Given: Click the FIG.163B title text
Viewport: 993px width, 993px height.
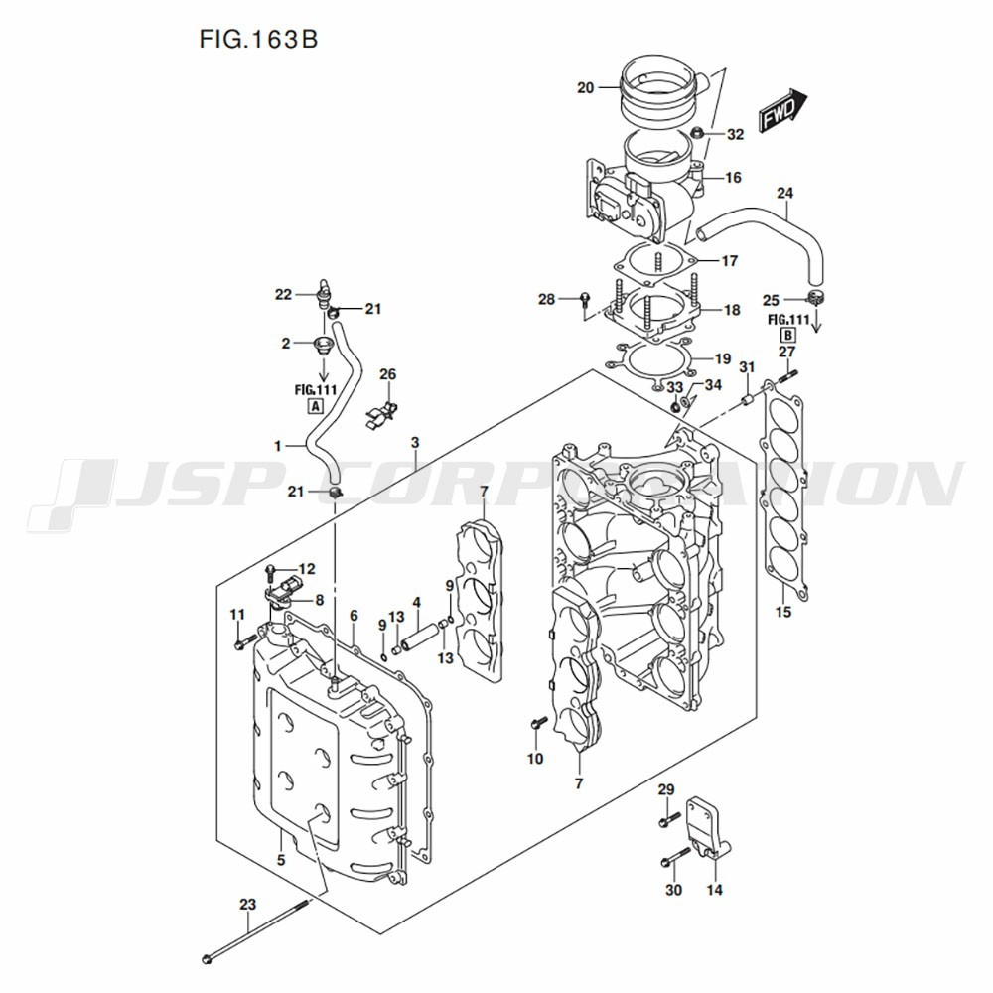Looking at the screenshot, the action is [258, 39].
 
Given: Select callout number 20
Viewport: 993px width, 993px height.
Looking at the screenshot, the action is [585, 87].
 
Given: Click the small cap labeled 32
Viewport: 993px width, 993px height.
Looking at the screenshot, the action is [698, 133].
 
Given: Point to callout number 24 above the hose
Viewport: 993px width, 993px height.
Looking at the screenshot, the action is [784, 193].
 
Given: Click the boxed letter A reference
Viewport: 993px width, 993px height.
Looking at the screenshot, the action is [315, 406].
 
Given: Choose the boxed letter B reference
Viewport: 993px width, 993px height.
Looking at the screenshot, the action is [788, 335].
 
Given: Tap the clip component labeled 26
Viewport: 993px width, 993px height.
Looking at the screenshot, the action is [381, 412].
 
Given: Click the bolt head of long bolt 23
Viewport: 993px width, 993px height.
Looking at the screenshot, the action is [206, 960].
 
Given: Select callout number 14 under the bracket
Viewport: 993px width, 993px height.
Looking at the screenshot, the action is [714, 890].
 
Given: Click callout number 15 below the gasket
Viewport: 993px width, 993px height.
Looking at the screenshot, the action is [783, 611].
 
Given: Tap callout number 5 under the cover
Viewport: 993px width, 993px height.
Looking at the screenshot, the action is [281, 860].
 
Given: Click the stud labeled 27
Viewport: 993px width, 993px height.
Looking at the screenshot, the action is [787, 375].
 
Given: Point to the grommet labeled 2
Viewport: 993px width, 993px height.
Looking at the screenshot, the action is [324, 346].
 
